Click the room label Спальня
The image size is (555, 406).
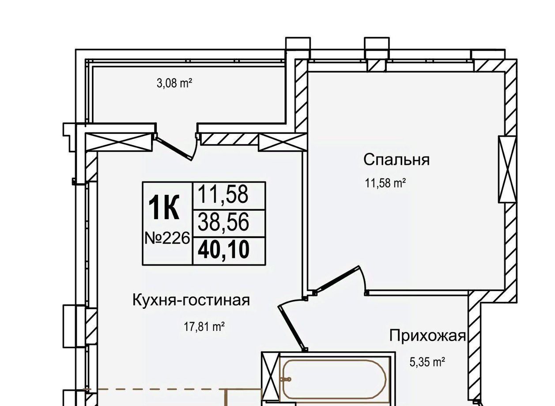(x=396, y=160)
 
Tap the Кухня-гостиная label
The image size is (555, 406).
(x=191, y=300)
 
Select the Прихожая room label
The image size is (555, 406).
(x=427, y=336)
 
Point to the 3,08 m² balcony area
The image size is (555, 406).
(x=174, y=83)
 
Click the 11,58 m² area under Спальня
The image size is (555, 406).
(x=385, y=183)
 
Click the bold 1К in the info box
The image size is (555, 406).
(x=164, y=207)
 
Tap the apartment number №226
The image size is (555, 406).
(x=167, y=239)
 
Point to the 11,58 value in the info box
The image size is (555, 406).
(x=223, y=194)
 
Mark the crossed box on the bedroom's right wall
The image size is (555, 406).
(x=507, y=169)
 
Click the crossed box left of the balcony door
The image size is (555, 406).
(x=118, y=142)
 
